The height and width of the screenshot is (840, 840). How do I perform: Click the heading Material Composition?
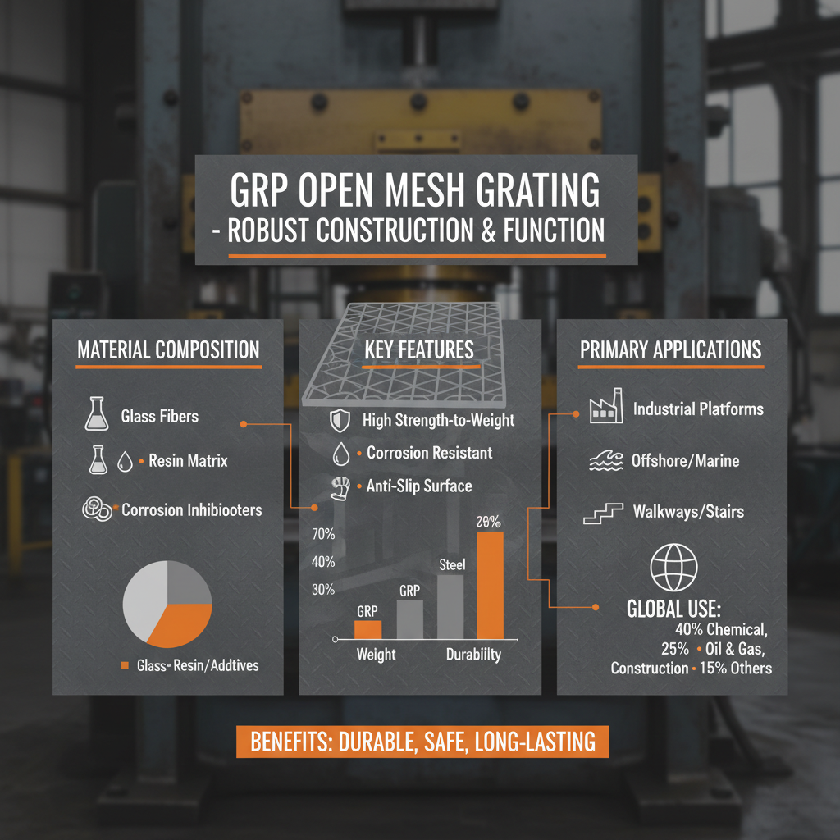168,349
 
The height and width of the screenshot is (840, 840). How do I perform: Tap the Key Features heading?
419,349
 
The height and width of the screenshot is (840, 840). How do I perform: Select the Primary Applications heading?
671,349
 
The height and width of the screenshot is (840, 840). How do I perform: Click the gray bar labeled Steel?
450,606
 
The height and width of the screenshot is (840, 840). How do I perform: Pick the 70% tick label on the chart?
324,534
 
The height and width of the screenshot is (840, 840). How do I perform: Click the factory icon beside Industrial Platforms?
602,409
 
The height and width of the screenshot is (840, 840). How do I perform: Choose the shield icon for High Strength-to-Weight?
339,422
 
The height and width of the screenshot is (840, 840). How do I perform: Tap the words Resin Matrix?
188,461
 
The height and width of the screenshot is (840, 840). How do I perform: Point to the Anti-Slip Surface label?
418,486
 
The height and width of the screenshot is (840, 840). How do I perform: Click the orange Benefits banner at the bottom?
422,742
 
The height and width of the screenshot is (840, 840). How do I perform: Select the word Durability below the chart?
473,655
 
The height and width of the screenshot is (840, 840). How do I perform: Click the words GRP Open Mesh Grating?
414,190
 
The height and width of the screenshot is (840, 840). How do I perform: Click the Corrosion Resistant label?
429,453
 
